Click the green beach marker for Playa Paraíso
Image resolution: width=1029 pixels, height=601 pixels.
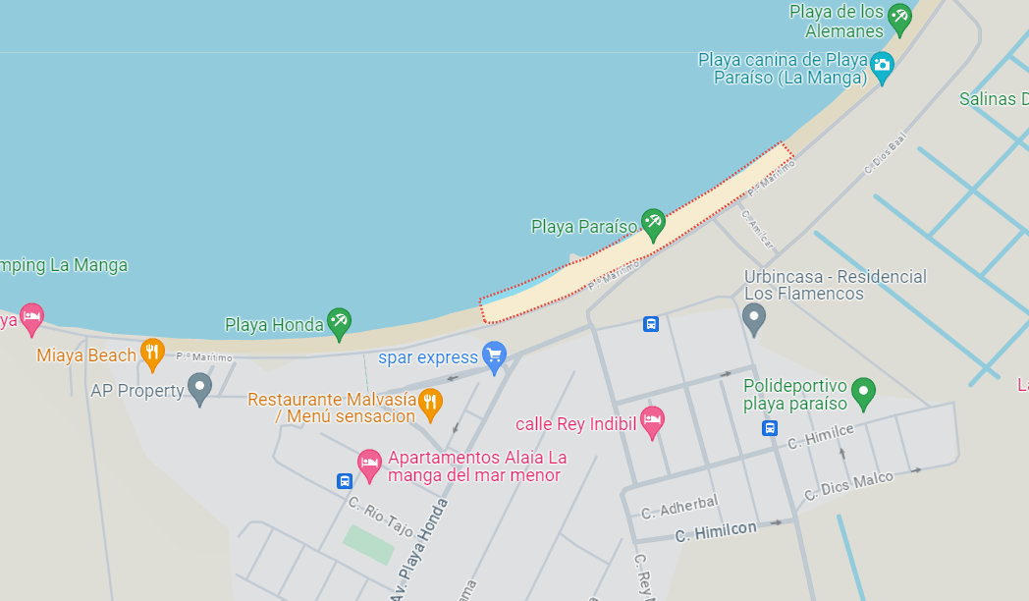(x=653, y=223)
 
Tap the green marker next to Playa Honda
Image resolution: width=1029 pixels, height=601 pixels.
(x=340, y=321)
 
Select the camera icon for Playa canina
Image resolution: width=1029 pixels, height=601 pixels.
(x=882, y=66)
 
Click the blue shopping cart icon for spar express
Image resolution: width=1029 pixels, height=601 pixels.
(x=495, y=355)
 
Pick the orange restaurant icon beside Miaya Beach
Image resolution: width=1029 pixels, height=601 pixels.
(x=152, y=353)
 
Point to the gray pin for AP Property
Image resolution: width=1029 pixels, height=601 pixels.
(x=200, y=388)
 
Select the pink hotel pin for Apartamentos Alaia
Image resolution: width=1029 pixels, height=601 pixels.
(x=369, y=464)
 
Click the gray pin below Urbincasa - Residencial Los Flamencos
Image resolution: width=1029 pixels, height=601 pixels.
(x=754, y=317)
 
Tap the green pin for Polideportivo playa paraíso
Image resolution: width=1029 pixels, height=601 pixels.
(x=863, y=392)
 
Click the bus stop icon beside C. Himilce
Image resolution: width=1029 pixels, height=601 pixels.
(x=770, y=428)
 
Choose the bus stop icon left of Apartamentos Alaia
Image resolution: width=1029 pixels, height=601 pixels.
(x=345, y=481)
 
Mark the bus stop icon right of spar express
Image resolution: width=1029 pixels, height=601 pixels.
(x=650, y=324)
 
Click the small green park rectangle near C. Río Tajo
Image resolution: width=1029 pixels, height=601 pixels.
(x=368, y=544)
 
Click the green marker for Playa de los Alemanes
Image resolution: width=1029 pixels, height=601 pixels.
(x=898, y=17)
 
